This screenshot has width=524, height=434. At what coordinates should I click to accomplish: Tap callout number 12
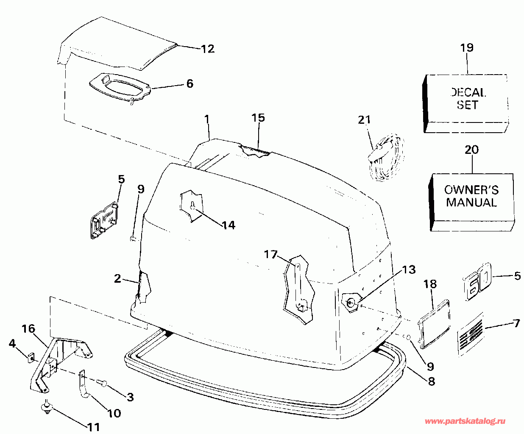[x=208, y=49]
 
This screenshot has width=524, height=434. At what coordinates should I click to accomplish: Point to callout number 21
[x=364, y=120]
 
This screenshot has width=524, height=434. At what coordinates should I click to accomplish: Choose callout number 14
[x=229, y=225]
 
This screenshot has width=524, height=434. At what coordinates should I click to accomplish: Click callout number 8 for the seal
[x=431, y=381]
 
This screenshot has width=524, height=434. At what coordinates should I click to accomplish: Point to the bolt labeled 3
[x=103, y=383]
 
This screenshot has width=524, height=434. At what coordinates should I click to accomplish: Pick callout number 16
[x=28, y=328]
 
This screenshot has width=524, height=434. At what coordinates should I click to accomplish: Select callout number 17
[x=270, y=254]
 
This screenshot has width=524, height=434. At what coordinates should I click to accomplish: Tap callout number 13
[x=409, y=270]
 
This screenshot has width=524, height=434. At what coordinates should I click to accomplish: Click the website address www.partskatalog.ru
[x=465, y=421]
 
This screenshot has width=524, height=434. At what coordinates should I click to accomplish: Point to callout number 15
[x=258, y=117]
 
